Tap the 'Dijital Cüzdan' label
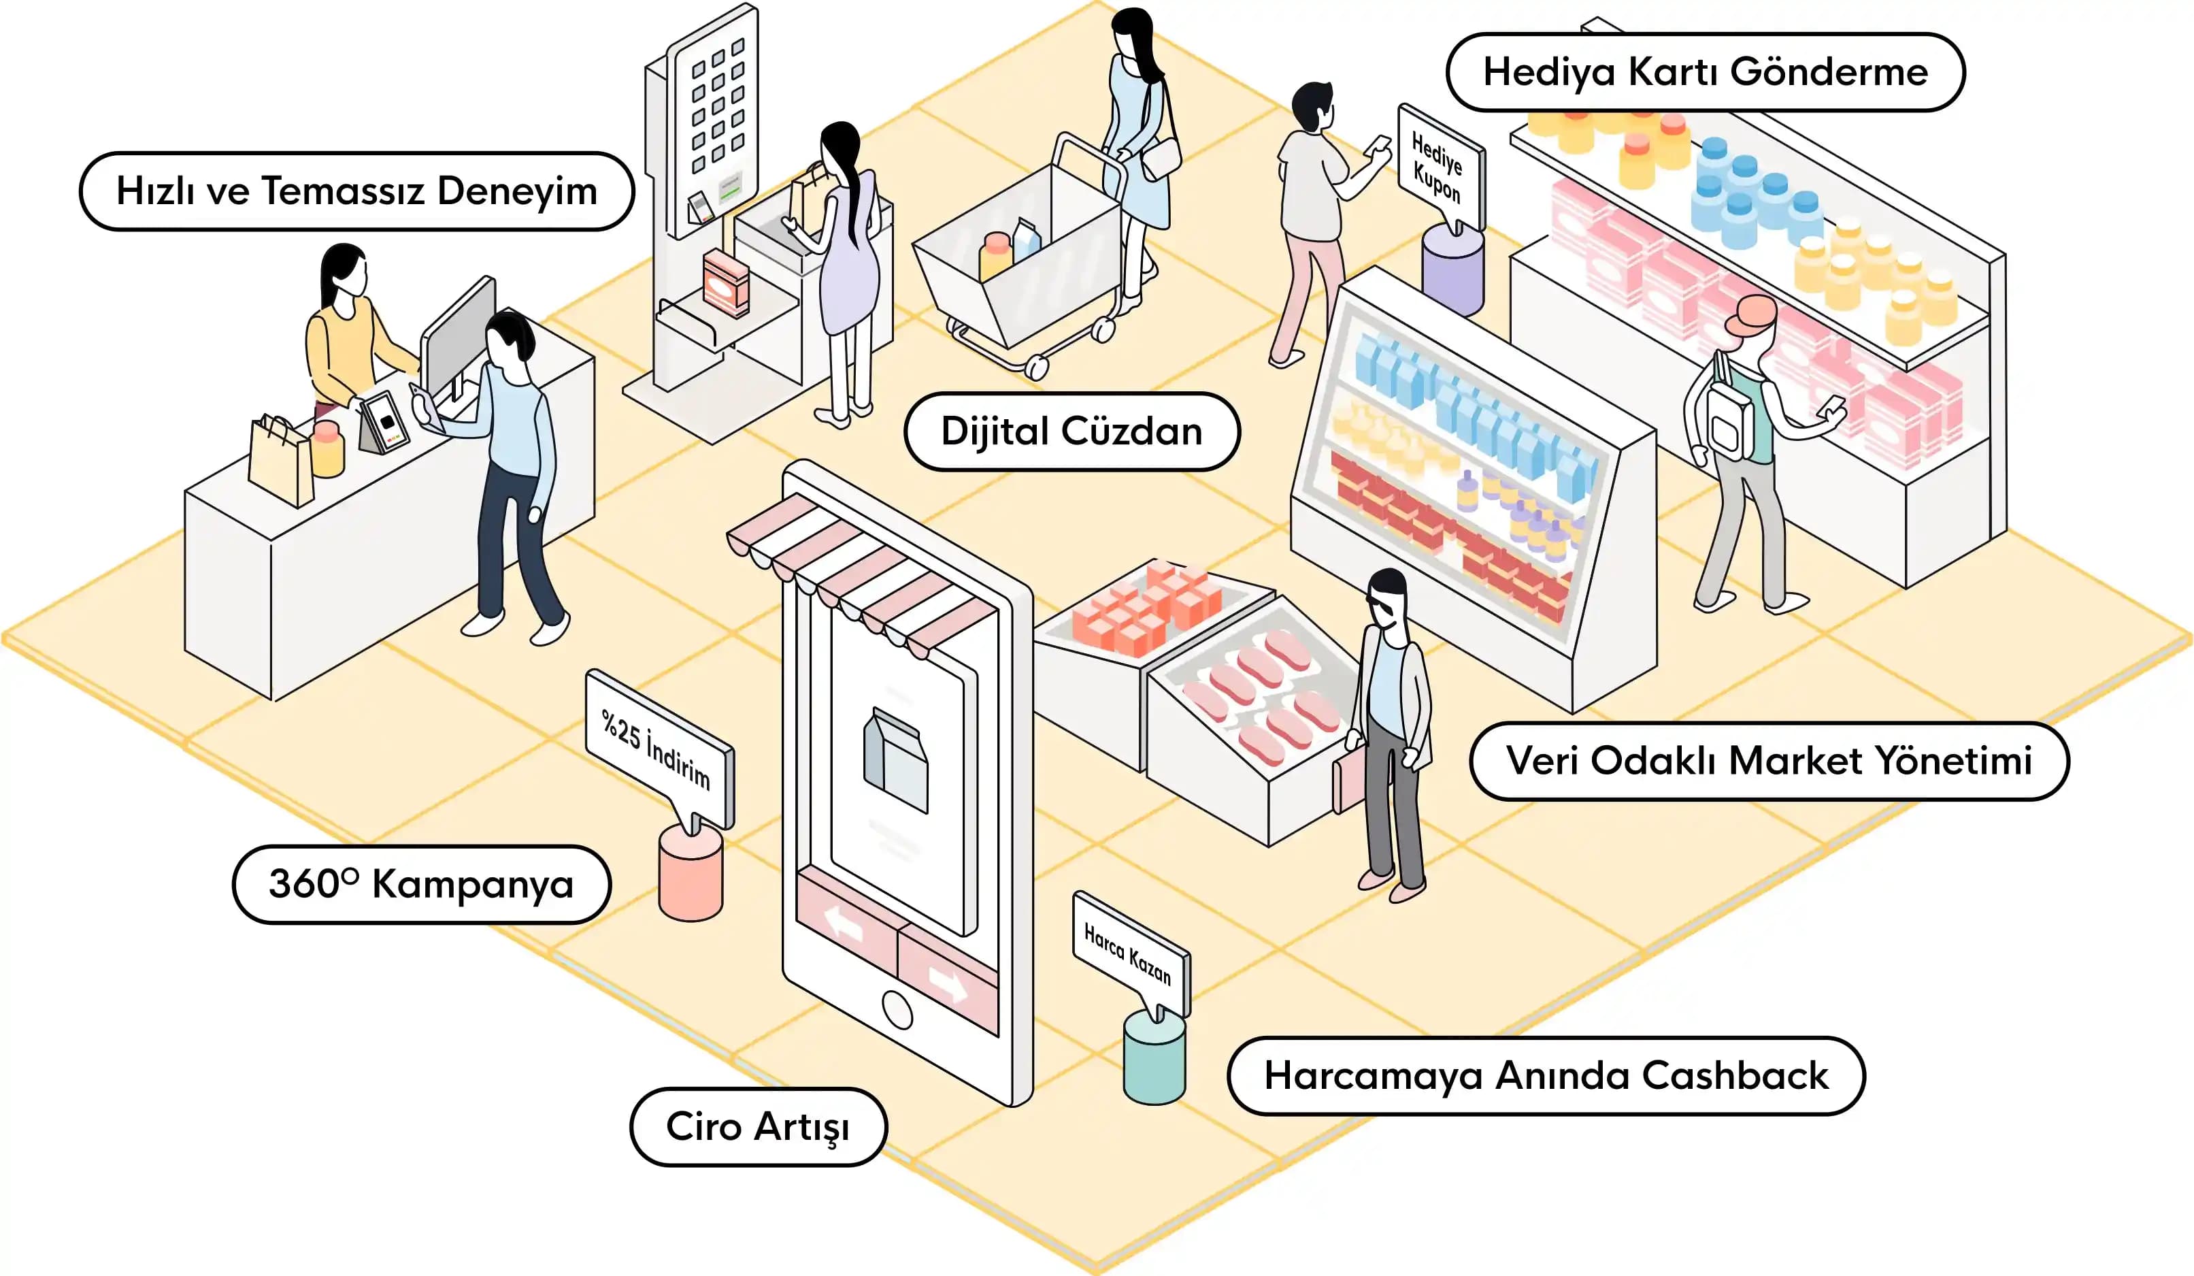(1071, 432)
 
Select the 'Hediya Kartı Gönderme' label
(1705, 72)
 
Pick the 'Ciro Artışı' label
(757, 1127)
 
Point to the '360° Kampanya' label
(421, 885)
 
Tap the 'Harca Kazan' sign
(1129, 953)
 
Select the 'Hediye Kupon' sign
(1438, 166)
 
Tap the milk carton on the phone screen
(896, 759)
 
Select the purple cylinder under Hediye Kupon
(1452, 270)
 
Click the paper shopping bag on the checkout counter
(280, 461)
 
